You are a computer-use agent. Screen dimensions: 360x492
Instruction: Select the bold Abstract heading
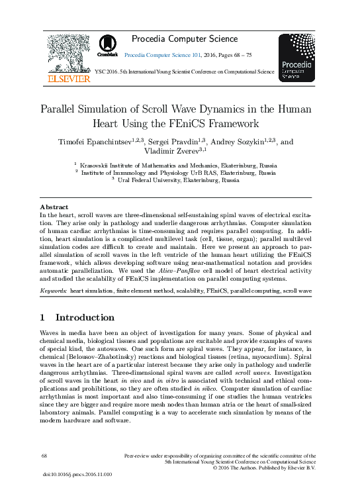coord(54,207)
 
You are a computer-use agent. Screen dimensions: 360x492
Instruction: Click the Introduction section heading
coord(86,317)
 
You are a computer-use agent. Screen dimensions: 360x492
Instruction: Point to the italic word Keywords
coord(53,291)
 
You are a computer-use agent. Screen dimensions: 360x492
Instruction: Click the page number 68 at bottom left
coord(45,456)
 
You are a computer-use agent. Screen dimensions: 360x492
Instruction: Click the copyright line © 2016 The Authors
coord(265,468)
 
